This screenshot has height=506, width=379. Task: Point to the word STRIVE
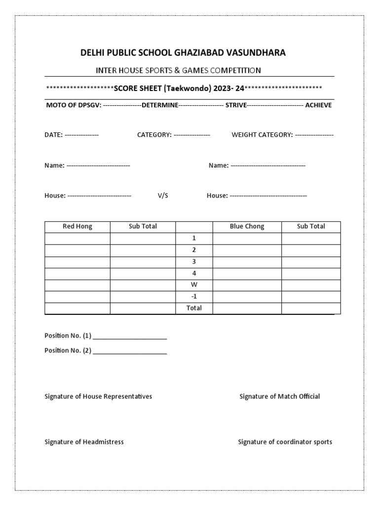[x=236, y=105]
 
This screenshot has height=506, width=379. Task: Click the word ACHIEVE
[x=318, y=105]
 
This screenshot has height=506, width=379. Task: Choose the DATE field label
[x=53, y=135]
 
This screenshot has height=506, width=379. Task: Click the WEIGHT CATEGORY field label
[x=262, y=135]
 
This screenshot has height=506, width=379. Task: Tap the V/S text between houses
[x=163, y=196]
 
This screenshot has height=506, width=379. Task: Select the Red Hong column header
[x=77, y=226]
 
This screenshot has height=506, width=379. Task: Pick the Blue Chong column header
[x=247, y=226]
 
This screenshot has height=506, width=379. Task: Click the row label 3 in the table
[x=194, y=261]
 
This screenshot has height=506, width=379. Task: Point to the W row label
[x=194, y=285]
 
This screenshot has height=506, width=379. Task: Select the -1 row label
[x=194, y=296]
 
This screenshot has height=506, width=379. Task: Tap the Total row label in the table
[x=194, y=308]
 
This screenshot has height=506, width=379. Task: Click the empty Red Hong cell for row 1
[x=77, y=238]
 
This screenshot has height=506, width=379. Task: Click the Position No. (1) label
[x=68, y=336]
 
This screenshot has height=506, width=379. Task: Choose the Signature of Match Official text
[x=279, y=396]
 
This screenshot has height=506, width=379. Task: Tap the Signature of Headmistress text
[x=84, y=442]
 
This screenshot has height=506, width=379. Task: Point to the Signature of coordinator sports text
[x=285, y=442]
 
